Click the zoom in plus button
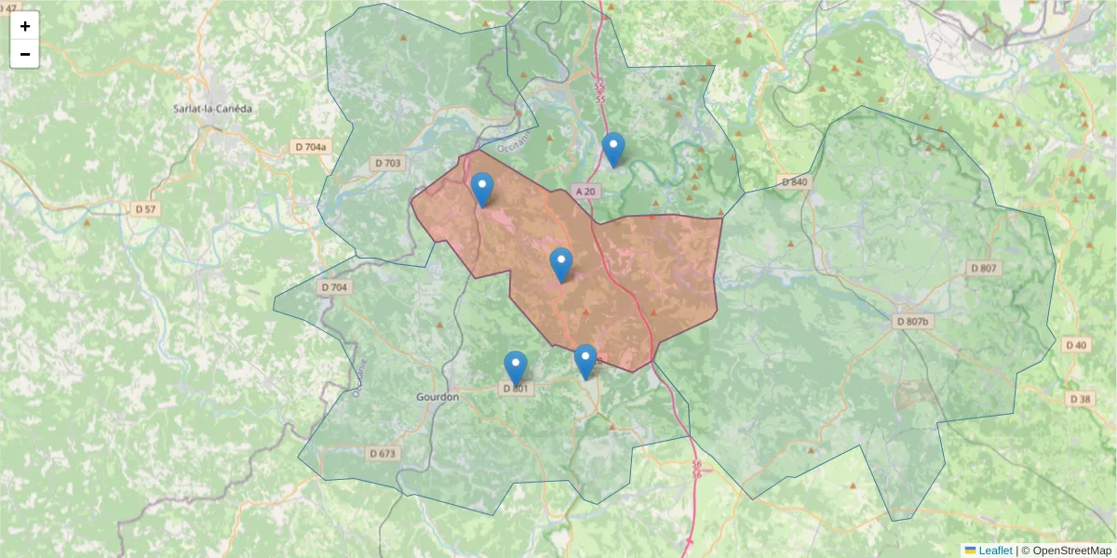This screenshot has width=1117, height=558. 25,26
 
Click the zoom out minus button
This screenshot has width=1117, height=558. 25,54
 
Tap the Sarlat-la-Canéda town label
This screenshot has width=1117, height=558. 213,108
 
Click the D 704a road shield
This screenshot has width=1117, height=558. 311,147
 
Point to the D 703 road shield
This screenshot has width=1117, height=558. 389,163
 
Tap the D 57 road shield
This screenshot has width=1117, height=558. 145,209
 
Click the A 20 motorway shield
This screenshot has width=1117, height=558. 585,191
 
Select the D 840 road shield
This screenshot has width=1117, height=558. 794,181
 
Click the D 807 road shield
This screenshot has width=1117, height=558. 983,268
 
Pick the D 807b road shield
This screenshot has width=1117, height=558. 912,321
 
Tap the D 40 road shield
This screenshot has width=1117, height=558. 1078,345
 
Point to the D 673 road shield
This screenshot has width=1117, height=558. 383,454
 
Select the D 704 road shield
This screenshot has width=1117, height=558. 334,287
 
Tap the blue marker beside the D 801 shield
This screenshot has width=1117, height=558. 516,367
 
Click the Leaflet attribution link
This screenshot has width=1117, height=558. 994,551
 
